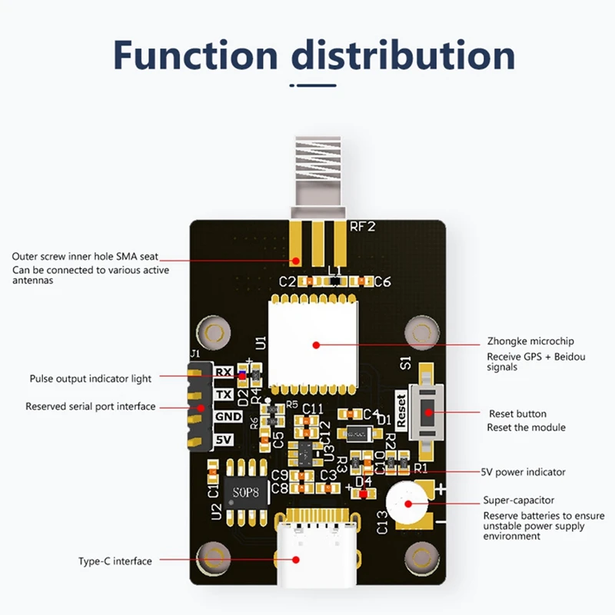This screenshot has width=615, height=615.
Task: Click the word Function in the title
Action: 195,55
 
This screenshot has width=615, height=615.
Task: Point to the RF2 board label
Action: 363,227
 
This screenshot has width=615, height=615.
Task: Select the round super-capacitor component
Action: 408,506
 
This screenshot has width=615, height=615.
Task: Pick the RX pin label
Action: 223,372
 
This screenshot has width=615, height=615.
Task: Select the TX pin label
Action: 223,394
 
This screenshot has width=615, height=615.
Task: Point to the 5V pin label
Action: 223,440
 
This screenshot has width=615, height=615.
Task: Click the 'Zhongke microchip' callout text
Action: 530,341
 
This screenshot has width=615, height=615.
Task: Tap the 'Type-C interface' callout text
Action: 115,561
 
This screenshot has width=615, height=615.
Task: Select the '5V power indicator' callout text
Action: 523,472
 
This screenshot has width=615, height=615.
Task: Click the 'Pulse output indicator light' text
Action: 91,378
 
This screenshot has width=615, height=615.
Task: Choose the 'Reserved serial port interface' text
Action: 91,406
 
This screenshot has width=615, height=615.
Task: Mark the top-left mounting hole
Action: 214,333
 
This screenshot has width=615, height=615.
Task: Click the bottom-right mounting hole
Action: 421,555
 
